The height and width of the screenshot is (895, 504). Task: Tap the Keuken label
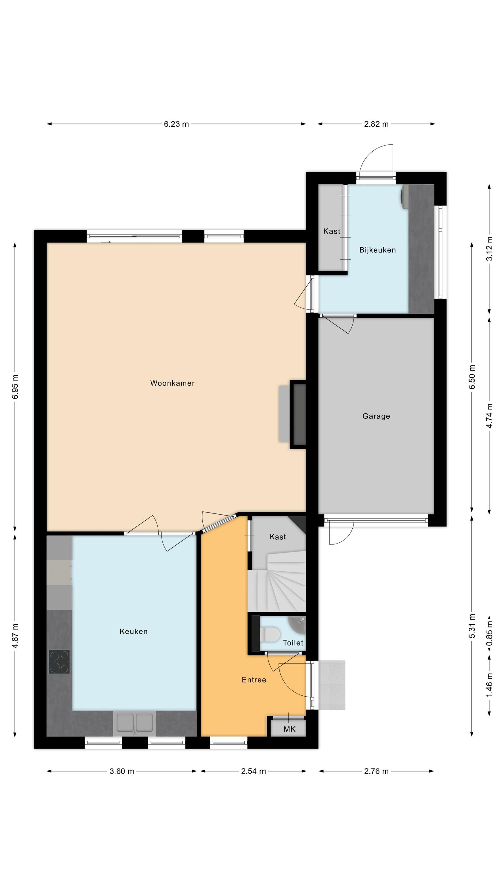point(133,631)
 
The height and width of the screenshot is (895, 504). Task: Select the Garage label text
point(376,416)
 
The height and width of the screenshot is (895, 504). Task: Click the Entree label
point(254,680)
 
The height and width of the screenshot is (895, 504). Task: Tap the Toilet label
point(293,643)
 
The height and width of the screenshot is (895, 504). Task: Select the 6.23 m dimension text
point(176,124)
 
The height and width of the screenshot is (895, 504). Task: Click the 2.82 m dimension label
point(376,124)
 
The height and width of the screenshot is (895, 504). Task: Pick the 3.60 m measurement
point(122,771)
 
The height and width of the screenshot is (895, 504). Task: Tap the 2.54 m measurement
point(253,771)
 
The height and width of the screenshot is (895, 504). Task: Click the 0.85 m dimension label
point(489,633)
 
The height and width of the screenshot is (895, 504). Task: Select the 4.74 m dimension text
point(489,416)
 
